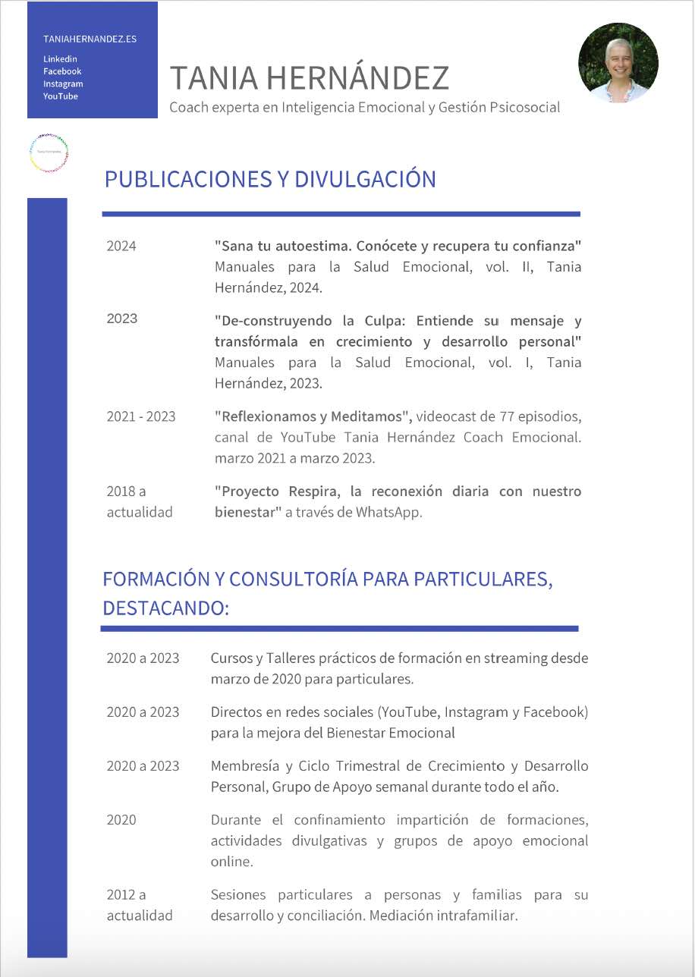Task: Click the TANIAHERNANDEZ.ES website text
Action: click(x=90, y=39)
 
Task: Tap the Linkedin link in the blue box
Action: click(x=60, y=59)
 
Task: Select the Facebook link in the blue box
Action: click(x=62, y=71)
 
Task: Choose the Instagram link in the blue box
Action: click(x=63, y=84)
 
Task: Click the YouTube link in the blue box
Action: click(x=61, y=96)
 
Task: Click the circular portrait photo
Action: click(x=618, y=62)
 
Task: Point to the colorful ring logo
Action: click(x=49, y=152)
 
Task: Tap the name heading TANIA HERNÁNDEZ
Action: click(x=309, y=78)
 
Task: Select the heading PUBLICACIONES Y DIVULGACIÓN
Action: click(x=270, y=180)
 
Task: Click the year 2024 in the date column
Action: click(x=121, y=246)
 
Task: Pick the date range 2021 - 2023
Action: click(x=141, y=416)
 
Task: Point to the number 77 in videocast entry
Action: click(x=508, y=416)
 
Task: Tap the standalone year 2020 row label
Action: click(x=121, y=820)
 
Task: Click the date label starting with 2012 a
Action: click(x=127, y=895)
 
